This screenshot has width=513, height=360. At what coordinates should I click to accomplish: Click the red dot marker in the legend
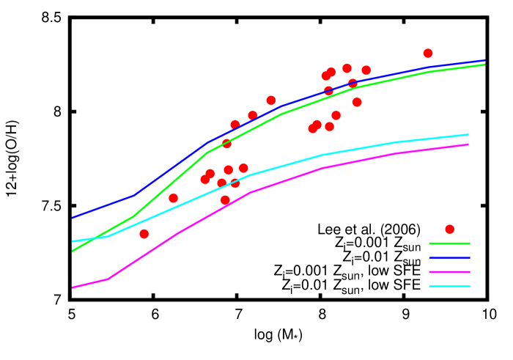[x=449, y=229]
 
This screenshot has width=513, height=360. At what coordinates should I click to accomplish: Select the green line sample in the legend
[x=449, y=243]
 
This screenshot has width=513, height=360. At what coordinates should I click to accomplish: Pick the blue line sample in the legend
[x=449, y=257]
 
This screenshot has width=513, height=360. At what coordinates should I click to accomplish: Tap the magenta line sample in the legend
[x=449, y=272]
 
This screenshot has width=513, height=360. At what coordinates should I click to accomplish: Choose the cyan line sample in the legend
[x=449, y=286]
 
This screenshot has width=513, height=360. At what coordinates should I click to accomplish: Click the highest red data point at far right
[x=428, y=54]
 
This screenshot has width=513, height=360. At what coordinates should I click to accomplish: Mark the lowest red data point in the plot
[x=144, y=234]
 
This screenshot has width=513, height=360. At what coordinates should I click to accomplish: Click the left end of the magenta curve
[x=72, y=287]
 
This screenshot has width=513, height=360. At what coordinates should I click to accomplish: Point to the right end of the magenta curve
[x=468, y=144]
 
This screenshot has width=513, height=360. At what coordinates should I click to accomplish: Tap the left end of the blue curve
[x=72, y=218]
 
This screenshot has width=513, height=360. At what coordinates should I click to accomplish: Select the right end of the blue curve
[x=484, y=61]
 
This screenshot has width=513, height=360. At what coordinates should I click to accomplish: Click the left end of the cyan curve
[x=72, y=241]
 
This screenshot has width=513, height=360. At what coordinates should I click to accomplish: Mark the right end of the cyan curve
[x=468, y=134]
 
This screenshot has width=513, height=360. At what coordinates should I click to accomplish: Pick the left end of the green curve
[x=72, y=251]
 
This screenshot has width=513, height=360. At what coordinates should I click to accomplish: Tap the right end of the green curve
[x=484, y=65]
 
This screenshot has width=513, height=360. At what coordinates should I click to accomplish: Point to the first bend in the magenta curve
[x=108, y=279]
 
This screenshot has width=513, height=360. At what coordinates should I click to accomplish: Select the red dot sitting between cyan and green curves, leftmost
[x=174, y=198]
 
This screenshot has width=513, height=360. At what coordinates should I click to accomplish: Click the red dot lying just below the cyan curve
[x=225, y=199]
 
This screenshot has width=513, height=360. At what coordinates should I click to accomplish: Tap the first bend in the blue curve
[x=135, y=194]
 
